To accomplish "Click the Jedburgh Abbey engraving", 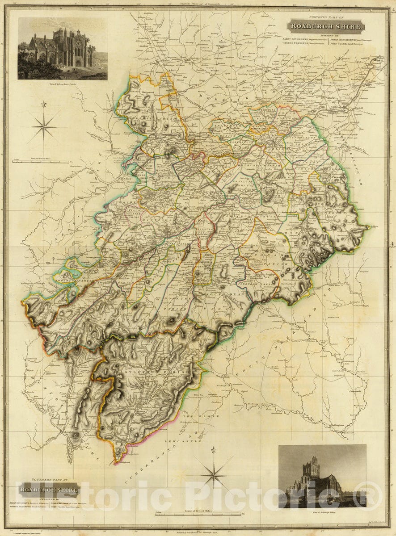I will (322, 476).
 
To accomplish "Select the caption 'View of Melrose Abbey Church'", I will (62, 84).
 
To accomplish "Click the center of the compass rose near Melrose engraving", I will (44, 127).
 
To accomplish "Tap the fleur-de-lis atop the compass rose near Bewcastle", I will (214, 450).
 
